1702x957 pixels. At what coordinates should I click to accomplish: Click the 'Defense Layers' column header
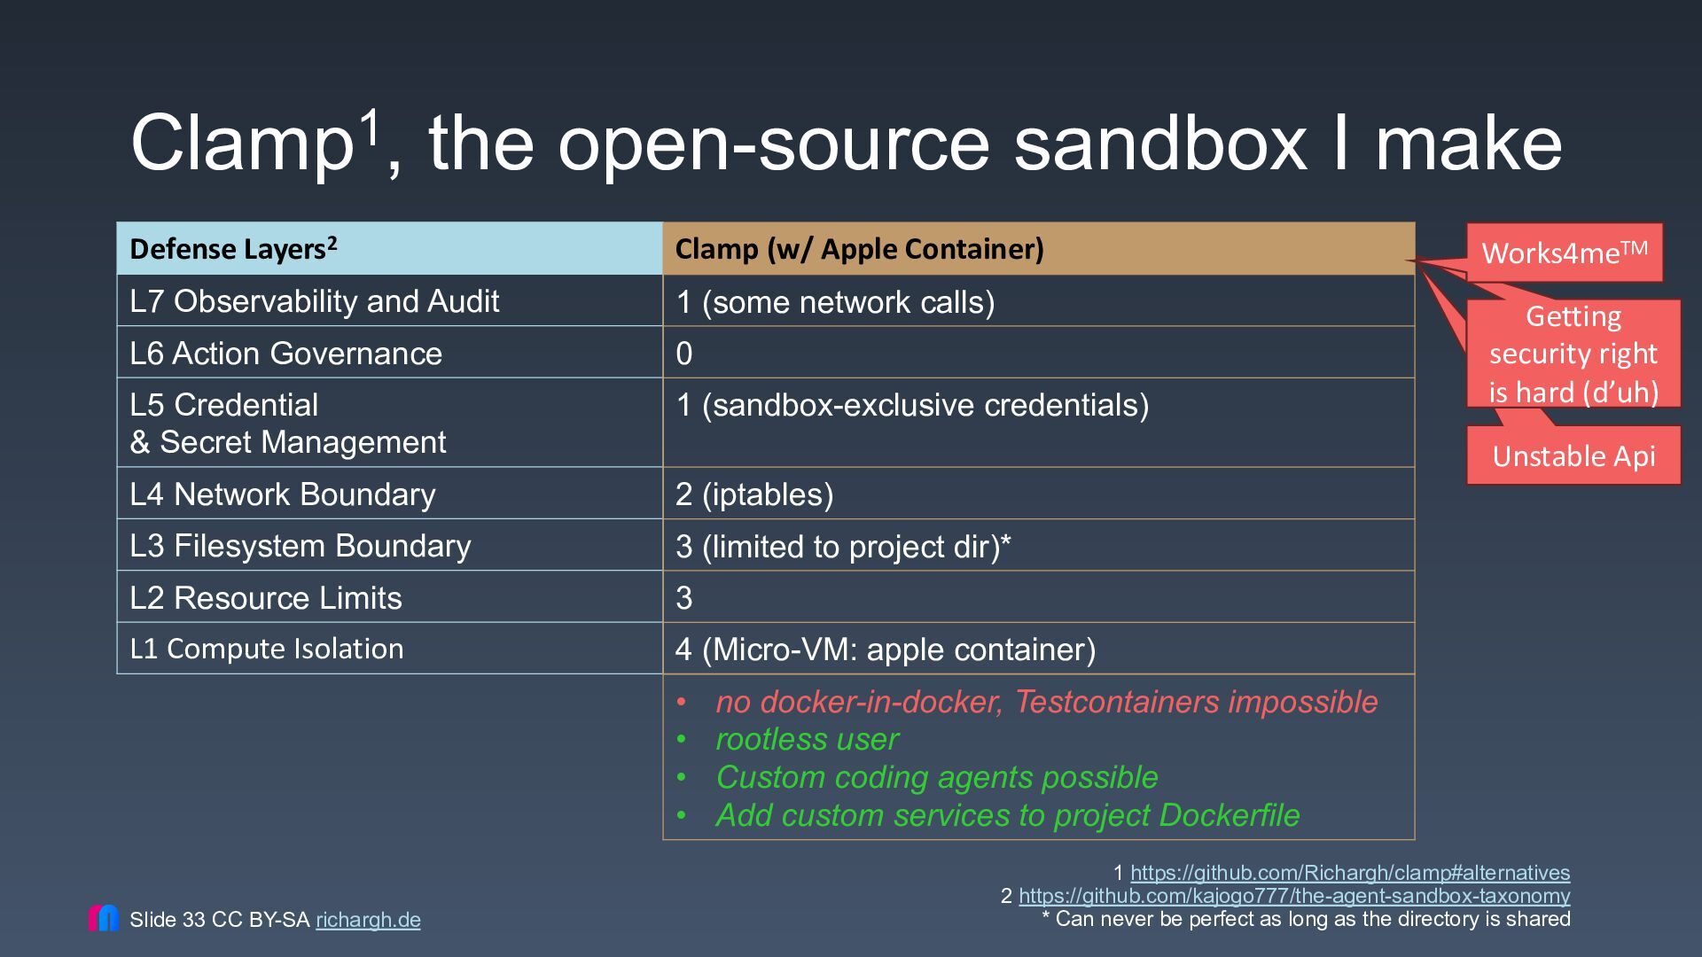[389, 249]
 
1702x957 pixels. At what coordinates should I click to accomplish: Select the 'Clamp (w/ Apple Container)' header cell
[1038, 249]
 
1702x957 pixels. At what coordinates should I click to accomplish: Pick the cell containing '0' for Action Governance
[1038, 353]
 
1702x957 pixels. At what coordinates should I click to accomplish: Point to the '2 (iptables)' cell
[1038, 494]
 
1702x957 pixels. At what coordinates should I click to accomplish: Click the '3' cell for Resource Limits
[1038, 597]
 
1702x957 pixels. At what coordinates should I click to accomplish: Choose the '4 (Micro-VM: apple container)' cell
[1038, 649]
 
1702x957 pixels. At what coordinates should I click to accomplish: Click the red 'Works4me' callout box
[1565, 253]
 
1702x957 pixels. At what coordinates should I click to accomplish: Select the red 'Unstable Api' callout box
[1573, 455]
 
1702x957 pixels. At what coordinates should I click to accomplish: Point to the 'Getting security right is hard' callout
[1573, 354]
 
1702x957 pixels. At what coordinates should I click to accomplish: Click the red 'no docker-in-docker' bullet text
[1046, 702]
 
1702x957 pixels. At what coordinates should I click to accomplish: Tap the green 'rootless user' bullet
[807, 739]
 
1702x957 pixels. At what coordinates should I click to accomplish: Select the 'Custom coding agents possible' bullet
[936, 777]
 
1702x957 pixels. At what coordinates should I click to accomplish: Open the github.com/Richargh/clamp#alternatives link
[1350, 873]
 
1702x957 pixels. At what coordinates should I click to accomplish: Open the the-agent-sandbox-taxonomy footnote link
[1294, 896]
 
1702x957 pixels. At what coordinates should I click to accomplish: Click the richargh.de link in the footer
[368, 920]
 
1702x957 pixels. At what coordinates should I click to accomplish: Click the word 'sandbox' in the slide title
[1160, 144]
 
